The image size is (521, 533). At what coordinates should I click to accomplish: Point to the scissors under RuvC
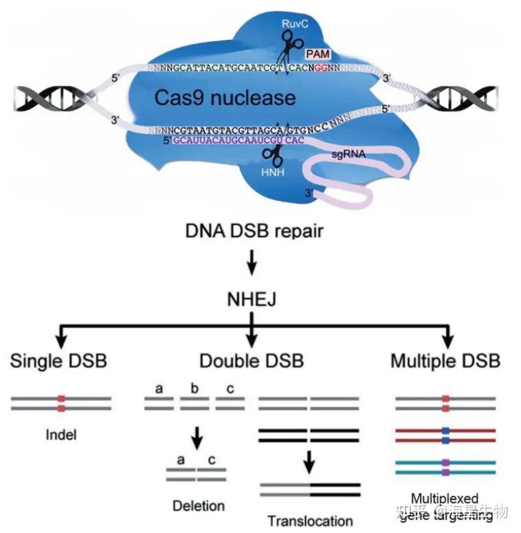pos(291,49)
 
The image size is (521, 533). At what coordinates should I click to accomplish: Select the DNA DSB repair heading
pos(254,230)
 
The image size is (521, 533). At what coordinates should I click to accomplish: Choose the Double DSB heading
pos(252,360)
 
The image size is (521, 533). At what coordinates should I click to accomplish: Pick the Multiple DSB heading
pos(445,360)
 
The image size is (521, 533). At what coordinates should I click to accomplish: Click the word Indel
pos(60,435)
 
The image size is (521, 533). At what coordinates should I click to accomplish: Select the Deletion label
pos(198,505)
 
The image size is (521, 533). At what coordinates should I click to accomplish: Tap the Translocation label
pos(309,521)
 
